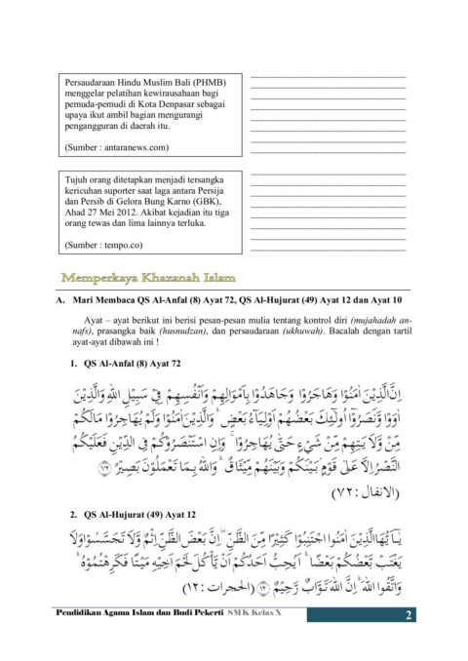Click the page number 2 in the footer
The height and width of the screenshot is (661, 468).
coord(409,615)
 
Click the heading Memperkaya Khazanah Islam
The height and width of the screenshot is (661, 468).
coord(150,279)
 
